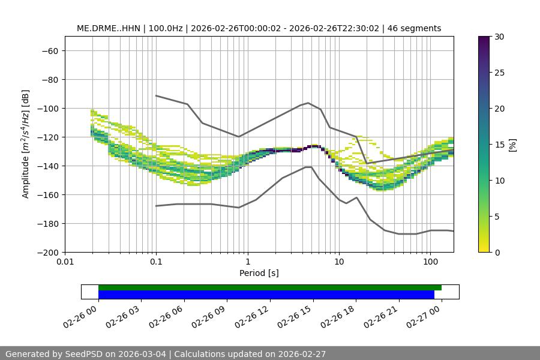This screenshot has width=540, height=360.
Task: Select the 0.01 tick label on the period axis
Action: pyautogui.click(x=65, y=262)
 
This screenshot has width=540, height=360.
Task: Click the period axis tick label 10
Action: pyautogui.click(x=339, y=262)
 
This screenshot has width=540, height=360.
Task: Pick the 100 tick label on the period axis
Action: pyautogui.click(x=430, y=262)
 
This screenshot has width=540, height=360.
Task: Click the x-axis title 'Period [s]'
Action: pyautogui.click(x=259, y=273)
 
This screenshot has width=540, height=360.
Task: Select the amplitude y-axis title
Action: pyautogui.click(x=25, y=145)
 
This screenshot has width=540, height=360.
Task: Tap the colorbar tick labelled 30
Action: pyautogui.click(x=499, y=37)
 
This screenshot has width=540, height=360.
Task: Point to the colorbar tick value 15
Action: pyautogui.click(x=499, y=145)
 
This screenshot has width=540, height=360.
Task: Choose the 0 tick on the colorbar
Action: pyautogui.click(x=497, y=253)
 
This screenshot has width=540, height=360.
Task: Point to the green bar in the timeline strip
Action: pyautogui.click(x=270, y=287)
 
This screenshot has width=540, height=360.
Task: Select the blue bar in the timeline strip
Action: pyautogui.click(x=266, y=295)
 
